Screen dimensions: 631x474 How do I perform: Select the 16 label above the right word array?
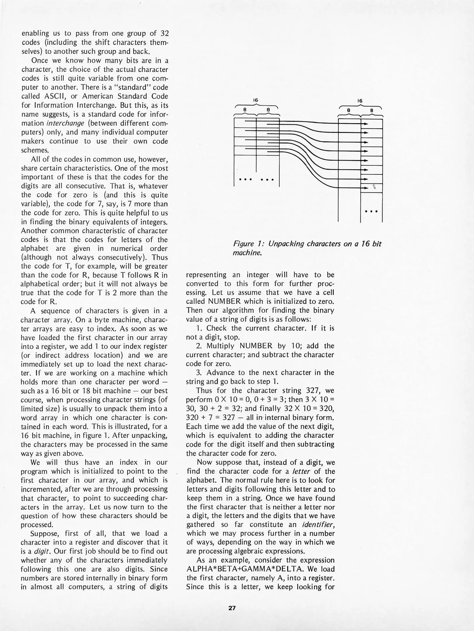click(360, 100)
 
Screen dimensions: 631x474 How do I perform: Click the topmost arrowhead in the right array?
click(366, 124)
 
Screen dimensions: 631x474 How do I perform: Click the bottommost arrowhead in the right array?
click(366, 188)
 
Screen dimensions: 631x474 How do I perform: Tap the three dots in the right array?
click(371, 211)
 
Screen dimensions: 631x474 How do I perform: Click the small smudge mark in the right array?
click(374, 187)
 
